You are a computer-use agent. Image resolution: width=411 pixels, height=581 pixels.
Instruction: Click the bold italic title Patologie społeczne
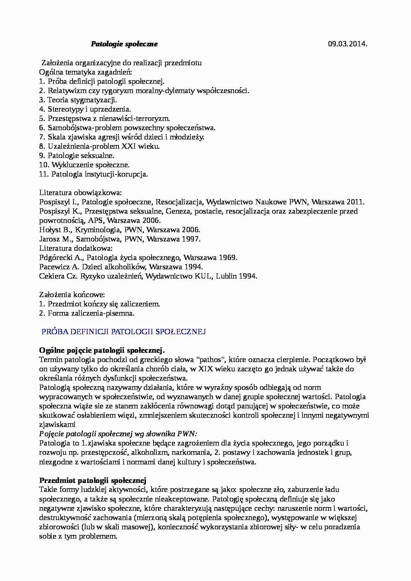tap(124, 44)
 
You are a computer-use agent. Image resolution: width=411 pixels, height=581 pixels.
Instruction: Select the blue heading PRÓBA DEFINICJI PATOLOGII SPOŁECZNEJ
tap(124, 332)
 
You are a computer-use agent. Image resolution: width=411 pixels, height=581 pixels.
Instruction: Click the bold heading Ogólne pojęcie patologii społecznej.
tap(102, 350)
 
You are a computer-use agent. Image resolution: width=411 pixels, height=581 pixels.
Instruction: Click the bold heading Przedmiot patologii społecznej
tap(92, 480)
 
